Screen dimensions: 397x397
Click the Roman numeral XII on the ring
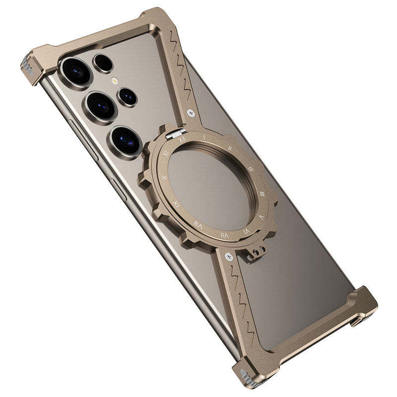[x=182, y=140]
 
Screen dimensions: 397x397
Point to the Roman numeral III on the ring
[x=251, y=169]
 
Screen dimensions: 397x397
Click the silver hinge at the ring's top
[x=176, y=132]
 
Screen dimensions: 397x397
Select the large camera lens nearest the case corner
[x=76, y=70]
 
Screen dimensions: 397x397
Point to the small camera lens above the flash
[x=103, y=63]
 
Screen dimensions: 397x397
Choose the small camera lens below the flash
[x=127, y=97]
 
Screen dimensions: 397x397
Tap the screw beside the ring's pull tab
[x=229, y=257]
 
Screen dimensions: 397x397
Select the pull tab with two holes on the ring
[x=255, y=252]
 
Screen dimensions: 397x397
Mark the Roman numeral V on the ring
[x=247, y=231]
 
